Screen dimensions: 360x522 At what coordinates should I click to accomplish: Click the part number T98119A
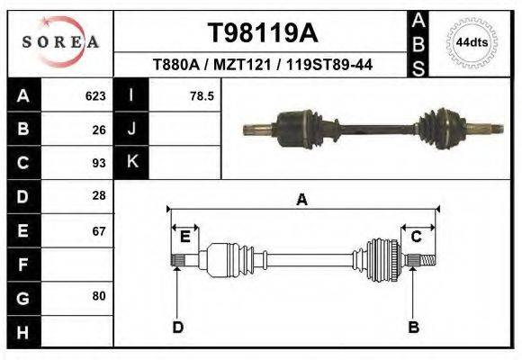pyautogui.click(x=262, y=33)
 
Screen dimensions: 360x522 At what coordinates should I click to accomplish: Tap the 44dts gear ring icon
pyautogui.click(x=472, y=42)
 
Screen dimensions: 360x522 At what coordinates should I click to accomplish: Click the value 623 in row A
pyautogui.click(x=94, y=95)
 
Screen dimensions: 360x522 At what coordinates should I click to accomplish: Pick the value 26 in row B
pyautogui.click(x=99, y=129)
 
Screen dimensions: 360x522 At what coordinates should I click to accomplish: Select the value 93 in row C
pyautogui.click(x=99, y=163)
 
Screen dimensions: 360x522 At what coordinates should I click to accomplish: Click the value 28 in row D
pyautogui.click(x=99, y=195)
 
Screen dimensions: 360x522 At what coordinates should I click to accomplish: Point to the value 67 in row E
pyautogui.click(x=99, y=230)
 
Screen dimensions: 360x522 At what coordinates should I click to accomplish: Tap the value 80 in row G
pyautogui.click(x=99, y=296)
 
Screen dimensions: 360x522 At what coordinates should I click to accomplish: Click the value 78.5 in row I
pyautogui.click(x=202, y=95)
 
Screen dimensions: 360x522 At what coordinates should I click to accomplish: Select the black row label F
pyautogui.click(x=22, y=265)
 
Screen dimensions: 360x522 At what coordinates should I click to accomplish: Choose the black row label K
pyautogui.click(x=132, y=162)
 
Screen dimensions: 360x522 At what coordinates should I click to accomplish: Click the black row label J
pyautogui.click(x=132, y=129)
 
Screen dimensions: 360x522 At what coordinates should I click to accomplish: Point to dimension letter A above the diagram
pyautogui.click(x=302, y=200)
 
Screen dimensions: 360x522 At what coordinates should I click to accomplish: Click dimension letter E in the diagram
pyautogui.click(x=184, y=237)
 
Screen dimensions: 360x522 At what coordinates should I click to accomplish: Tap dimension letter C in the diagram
pyautogui.click(x=417, y=237)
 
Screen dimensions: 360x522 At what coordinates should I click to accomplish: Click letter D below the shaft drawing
pyautogui.click(x=178, y=327)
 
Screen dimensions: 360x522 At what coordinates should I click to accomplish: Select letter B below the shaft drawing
pyautogui.click(x=414, y=327)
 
